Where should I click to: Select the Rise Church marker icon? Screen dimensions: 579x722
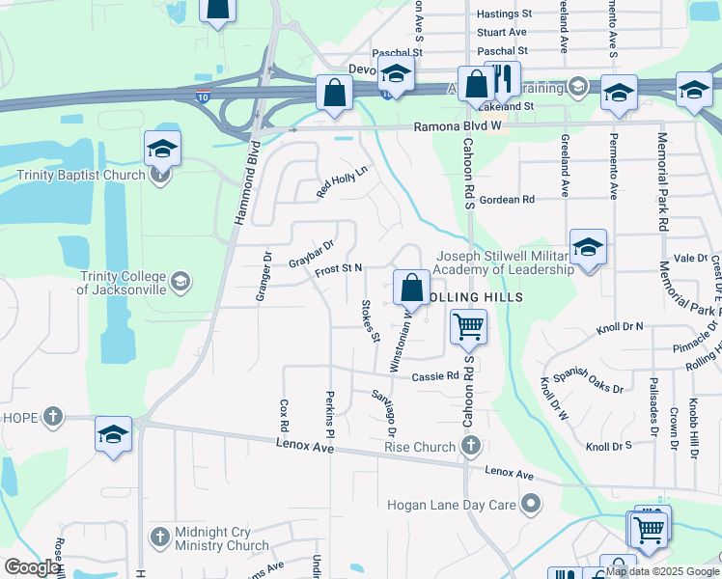470,445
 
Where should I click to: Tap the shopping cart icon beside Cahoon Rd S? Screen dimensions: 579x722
468,326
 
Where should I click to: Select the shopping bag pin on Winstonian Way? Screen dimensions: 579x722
411,288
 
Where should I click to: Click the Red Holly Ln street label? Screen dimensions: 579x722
343,181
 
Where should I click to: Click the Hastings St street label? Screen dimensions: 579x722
504,14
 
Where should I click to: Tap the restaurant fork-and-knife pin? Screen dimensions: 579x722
502,79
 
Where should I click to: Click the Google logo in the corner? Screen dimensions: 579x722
32,567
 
